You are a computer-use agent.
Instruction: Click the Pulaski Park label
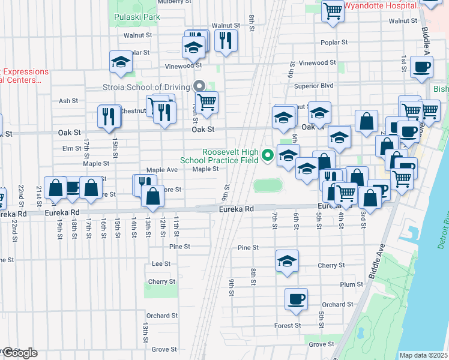137,17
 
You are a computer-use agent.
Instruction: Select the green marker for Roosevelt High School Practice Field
268,156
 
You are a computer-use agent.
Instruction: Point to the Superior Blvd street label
313,86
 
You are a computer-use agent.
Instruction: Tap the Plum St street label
351,284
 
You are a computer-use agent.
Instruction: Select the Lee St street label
161,263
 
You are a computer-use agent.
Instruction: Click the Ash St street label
68,101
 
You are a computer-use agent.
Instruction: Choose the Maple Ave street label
162,170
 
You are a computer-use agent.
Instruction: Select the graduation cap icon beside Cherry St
288,261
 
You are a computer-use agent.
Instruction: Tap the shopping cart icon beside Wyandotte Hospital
333,10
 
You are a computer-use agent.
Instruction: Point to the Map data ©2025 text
423,355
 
